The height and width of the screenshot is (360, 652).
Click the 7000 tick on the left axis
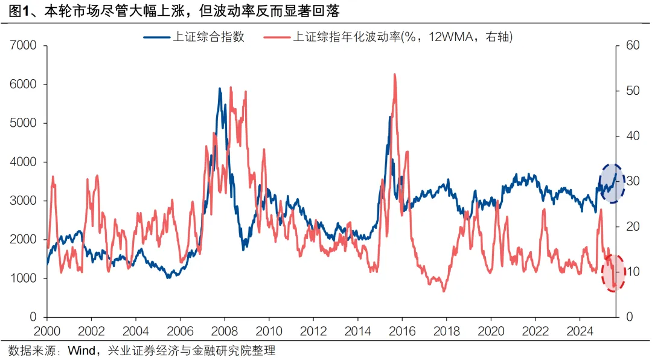coord(23,45)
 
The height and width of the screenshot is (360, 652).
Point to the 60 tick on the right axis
coord(631,45)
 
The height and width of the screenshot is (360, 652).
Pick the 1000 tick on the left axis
coord(23,278)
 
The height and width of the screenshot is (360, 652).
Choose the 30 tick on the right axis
coord(631,181)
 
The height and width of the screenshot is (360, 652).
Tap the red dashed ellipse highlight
coord(613,273)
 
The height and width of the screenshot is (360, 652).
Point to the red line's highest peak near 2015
coord(395,74)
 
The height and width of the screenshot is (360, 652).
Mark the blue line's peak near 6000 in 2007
coord(220,89)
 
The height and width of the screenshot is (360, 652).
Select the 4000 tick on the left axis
coord(23,162)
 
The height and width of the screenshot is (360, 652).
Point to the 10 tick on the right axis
coord(631,272)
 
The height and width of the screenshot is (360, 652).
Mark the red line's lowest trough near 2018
coord(444,292)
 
